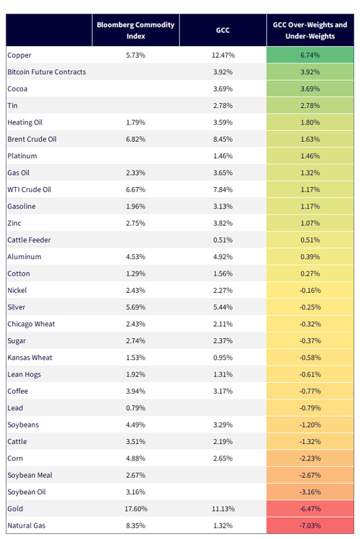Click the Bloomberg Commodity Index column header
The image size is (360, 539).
[135, 30]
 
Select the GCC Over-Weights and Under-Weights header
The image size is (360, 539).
[310, 30]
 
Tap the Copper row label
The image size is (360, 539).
[19, 55]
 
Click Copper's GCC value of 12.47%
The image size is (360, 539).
[223, 55]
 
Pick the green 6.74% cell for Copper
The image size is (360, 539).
[310, 55]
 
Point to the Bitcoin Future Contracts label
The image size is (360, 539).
[47, 72]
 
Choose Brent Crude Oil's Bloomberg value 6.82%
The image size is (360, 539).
[135, 139]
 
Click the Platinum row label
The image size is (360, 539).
[22, 156]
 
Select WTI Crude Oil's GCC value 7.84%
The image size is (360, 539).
[222, 189]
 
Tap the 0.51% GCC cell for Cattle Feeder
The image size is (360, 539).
[222, 240]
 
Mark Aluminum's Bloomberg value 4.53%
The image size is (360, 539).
[135, 257]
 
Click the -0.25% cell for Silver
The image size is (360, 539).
[310, 307]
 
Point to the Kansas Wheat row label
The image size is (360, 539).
[30, 358]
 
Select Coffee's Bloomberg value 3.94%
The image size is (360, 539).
[135, 391]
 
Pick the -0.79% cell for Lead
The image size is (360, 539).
[310, 408]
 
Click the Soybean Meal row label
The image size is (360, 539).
[30, 475]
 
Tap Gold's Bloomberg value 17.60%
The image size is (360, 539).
[136, 509]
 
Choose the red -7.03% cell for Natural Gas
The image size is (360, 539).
[310, 525]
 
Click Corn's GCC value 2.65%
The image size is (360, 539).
[222, 458]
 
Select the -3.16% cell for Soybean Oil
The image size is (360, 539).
[310, 492]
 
